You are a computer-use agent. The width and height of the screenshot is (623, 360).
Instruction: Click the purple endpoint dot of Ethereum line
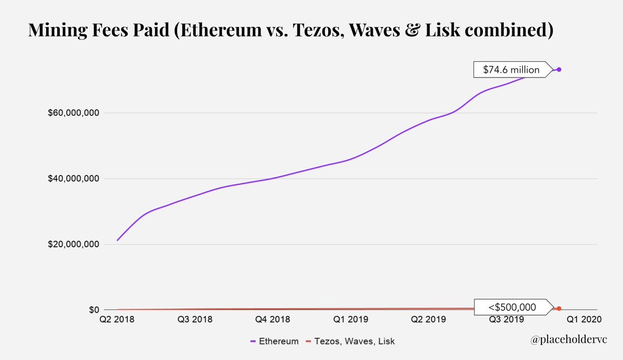[x=559, y=70]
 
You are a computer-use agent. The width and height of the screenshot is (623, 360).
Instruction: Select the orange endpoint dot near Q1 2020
[x=559, y=309]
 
